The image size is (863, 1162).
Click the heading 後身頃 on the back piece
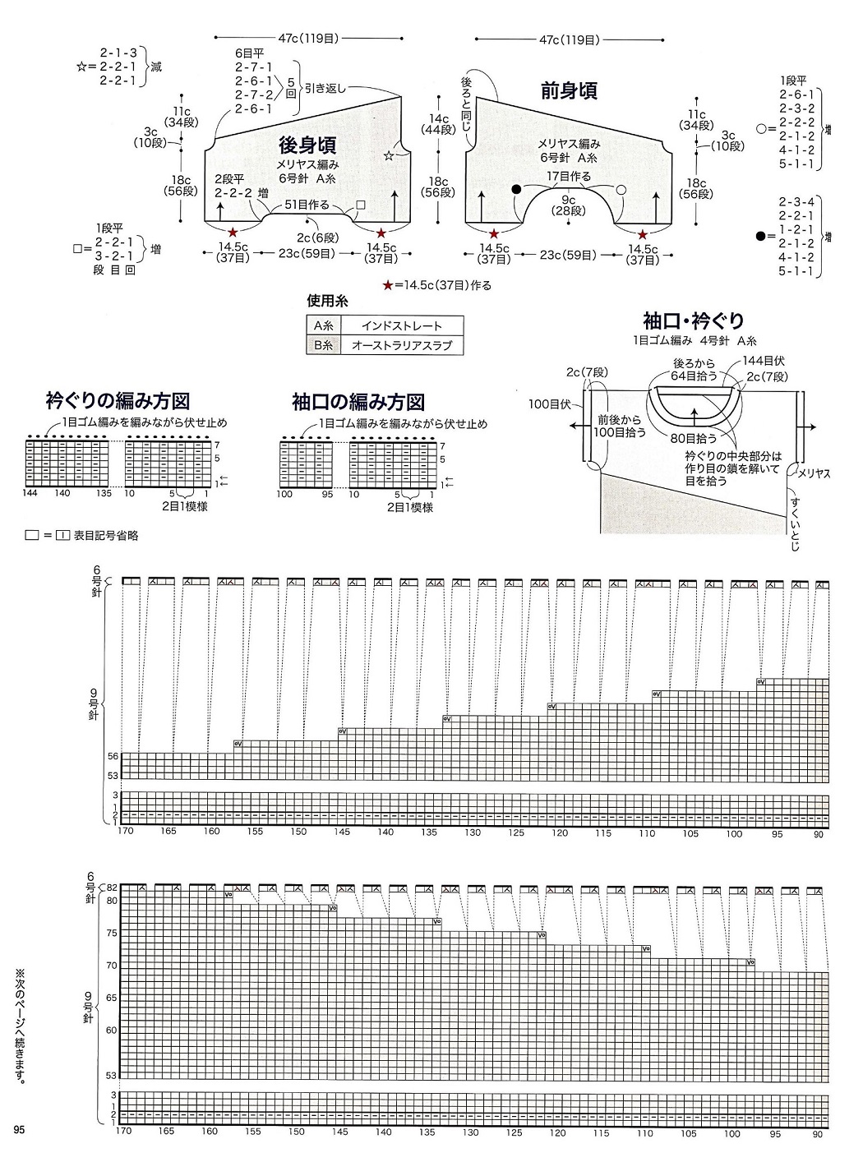click(307, 145)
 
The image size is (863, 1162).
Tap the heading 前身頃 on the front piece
click(568, 90)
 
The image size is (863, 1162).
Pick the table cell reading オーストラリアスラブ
click(402, 346)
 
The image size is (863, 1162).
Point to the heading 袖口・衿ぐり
click(695, 320)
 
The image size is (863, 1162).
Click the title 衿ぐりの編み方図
click(118, 401)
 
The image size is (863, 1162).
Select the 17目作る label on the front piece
click(569, 176)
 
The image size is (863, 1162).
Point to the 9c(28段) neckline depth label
click(568, 205)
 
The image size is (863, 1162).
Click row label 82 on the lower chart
click(113, 888)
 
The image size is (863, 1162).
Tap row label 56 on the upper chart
click(113, 756)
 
